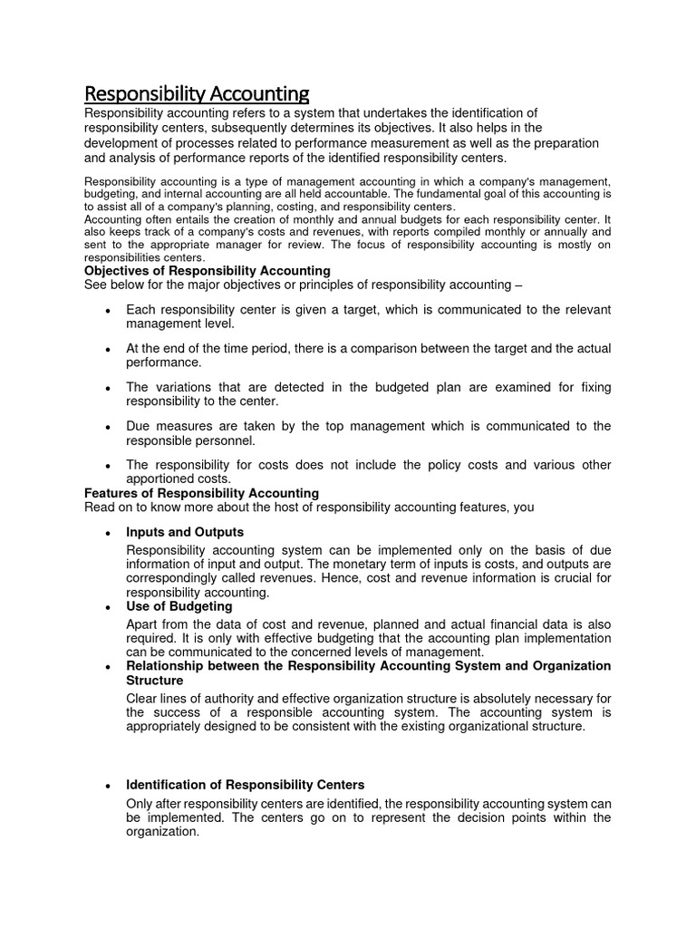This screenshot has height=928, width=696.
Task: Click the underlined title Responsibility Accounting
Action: (197, 93)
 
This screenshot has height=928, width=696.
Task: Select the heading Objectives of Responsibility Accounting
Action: (207, 271)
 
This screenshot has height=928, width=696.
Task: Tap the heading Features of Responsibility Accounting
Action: (201, 493)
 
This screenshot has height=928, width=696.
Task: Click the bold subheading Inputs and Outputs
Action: (185, 532)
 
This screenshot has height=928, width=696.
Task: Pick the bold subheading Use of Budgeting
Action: (179, 606)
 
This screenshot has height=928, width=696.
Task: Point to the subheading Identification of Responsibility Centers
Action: (245, 785)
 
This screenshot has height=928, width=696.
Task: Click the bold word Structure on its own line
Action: (155, 680)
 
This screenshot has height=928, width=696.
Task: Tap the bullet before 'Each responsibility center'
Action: (108, 311)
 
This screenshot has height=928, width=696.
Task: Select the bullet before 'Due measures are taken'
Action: (108, 427)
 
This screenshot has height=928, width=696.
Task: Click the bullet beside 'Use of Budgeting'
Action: (108, 607)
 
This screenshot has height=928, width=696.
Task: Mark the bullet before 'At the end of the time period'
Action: (108, 350)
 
